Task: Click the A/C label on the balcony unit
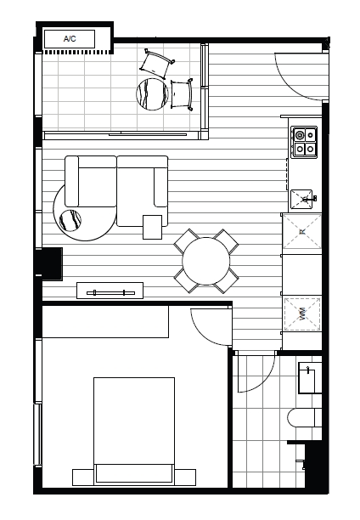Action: [x=70, y=39]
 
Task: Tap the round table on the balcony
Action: [x=153, y=93]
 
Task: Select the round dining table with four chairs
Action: [x=205, y=261]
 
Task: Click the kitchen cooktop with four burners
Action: [x=304, y=142]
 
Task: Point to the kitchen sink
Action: [x=302, y=200]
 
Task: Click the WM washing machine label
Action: [x=302, y=314]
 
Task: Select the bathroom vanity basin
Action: [x=310, y=377]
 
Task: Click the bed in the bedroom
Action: [x=134, y=431]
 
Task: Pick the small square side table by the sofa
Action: [x=153, y=227]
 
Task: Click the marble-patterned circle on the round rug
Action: [x=70, y=220]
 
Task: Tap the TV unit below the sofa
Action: [x=110, y=291]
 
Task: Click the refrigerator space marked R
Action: [x=301, y=231]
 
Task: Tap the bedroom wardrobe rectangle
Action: [x=105, y=322]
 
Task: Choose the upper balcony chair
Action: [x=157, y=63]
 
